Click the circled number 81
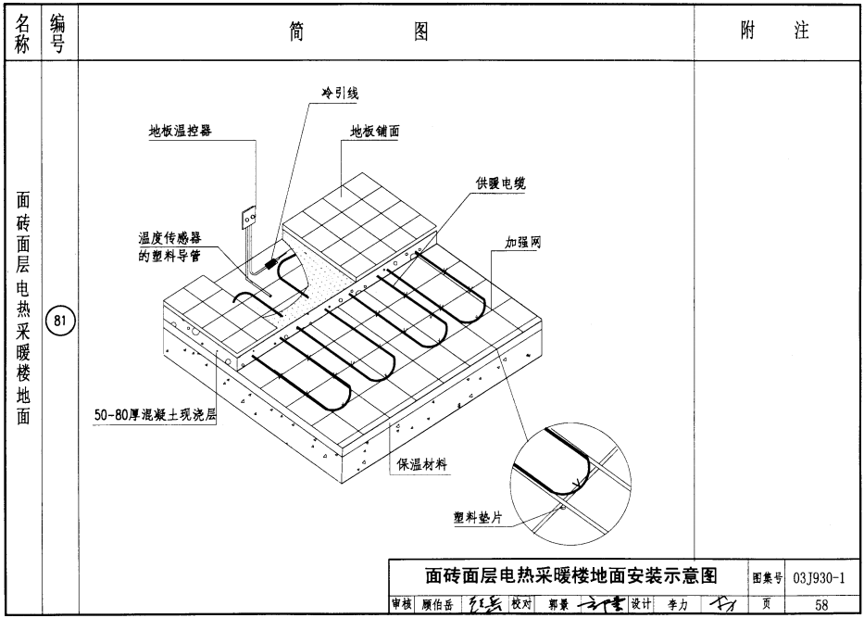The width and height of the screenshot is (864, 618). [59, 322]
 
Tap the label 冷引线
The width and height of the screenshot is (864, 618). [338, 94]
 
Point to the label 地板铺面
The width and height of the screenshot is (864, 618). [374, 132]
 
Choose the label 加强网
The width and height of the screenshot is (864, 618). [522, 243]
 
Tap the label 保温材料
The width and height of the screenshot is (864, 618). [422, 465]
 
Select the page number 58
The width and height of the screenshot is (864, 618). [821, 605]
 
